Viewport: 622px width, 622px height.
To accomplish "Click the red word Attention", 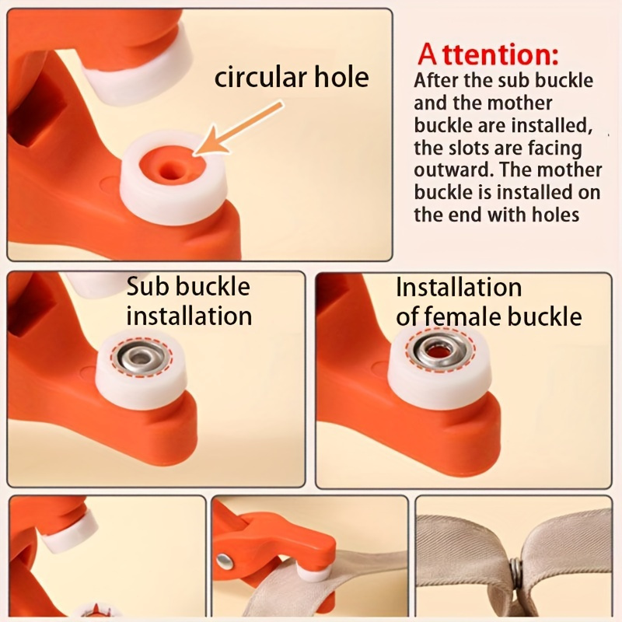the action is point(487,54).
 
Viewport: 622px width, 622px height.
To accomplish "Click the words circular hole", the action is point(292,77).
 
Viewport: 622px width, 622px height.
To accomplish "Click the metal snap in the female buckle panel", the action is point(440,348).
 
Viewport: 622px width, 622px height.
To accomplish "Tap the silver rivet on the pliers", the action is point(225,561).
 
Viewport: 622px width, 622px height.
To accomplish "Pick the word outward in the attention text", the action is point(454,170).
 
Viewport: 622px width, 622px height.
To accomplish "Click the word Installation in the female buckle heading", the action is point(459,287).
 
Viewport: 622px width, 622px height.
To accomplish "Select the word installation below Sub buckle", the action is point(189,316).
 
